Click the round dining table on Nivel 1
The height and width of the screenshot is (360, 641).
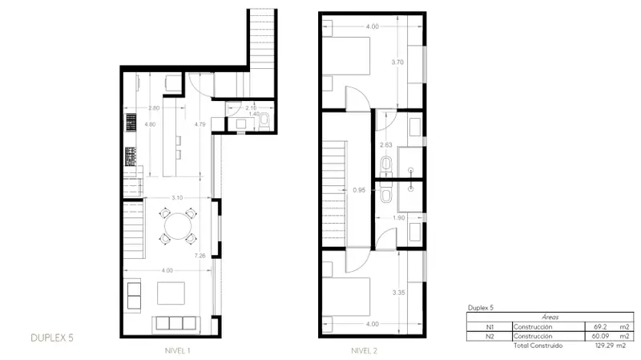tap(178, 226)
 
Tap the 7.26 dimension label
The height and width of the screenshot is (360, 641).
tap(200, 256)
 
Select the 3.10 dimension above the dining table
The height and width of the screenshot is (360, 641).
tap(177, 197)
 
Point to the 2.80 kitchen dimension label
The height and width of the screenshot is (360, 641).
tap(154, 108)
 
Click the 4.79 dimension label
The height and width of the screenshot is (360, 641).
tap(200, 124)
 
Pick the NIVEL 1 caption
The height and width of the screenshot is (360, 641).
tap(177, 350)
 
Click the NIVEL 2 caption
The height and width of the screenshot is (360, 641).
tap(365, 350)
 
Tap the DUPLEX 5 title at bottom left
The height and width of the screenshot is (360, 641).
tap(52, 338)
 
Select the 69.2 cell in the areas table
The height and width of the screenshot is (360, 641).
tap(600, 327)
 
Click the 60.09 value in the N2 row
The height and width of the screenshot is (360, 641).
tap(600, 336)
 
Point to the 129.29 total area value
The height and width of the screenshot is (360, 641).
tap(605, 346)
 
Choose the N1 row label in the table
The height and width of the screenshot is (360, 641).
tap(490, 327)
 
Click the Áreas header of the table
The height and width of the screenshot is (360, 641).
tap(550, 317)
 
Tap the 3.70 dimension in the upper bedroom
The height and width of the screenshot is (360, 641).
tap(397, 63)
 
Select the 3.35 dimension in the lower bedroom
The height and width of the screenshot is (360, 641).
tap(398, 293)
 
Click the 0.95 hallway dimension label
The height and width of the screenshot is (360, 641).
tap(359, 190)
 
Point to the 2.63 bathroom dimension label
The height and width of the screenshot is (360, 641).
tap(386, 145)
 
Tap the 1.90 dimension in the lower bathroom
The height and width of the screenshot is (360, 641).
tap(398, 217)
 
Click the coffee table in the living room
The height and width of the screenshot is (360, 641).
tap(171, 293)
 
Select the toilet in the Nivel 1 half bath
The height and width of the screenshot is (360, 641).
tap(264, 119)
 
